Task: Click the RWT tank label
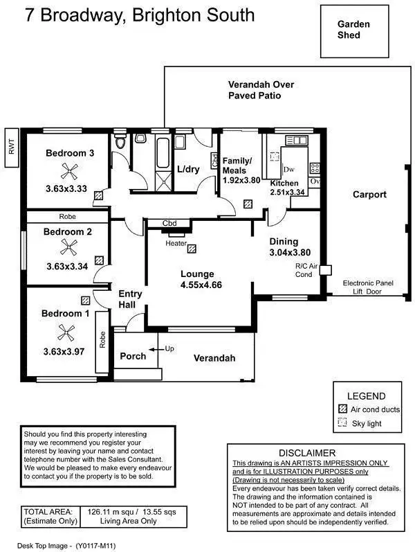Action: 10,146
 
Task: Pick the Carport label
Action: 369,195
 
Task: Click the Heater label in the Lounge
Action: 176,243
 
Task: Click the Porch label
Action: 133,356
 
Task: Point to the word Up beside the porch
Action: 169,348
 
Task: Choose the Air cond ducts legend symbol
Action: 342,409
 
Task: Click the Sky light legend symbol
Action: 342,422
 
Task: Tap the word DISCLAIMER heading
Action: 315,453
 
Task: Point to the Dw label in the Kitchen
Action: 289,169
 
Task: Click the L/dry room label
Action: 188,169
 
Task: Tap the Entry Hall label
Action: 130,299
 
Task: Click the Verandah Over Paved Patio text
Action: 261,90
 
